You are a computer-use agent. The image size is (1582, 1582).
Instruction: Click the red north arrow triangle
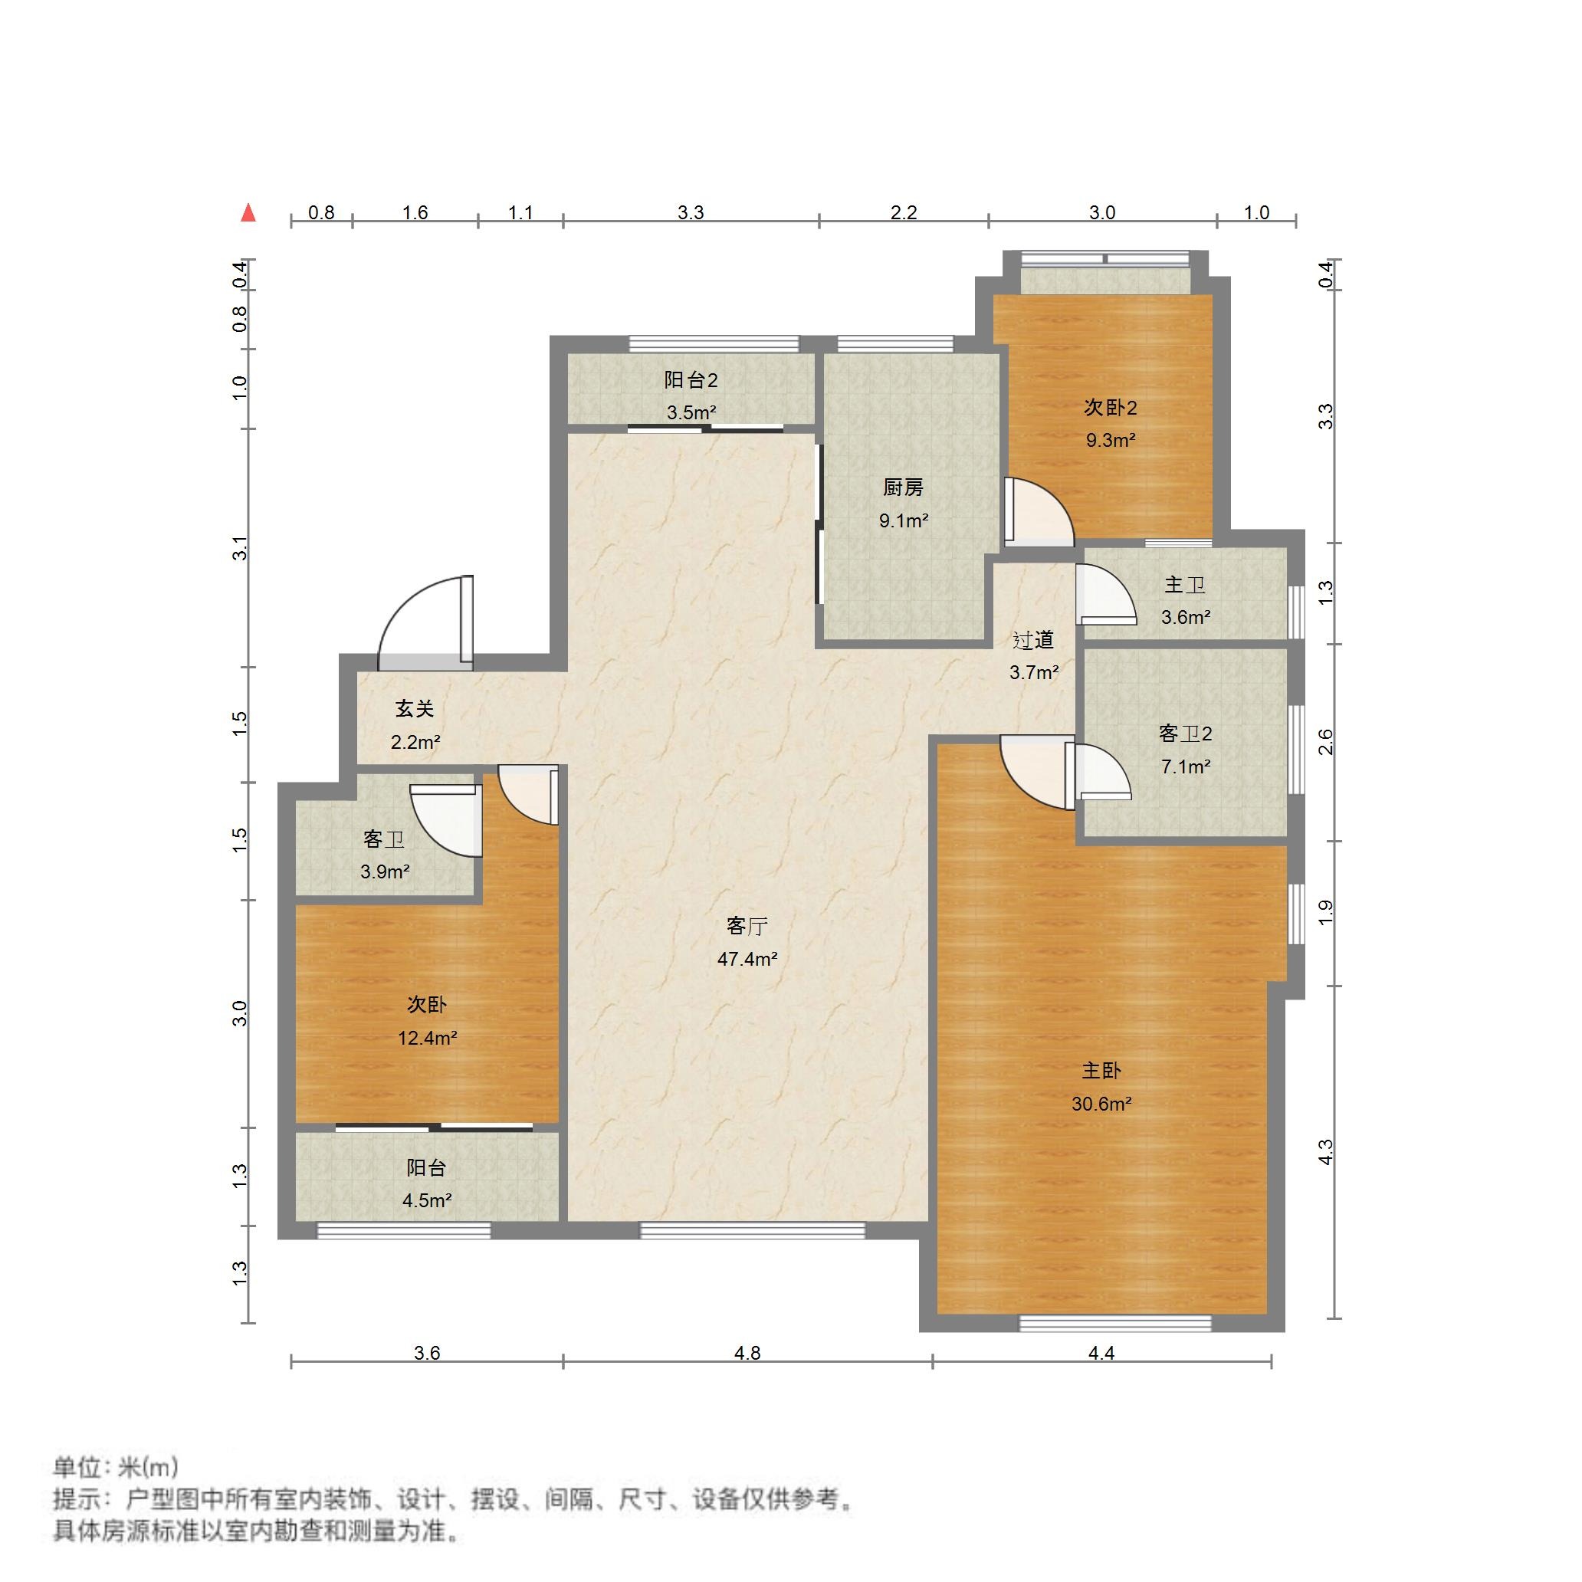click(249, 214)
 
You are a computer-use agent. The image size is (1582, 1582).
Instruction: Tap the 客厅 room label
click(746, 926)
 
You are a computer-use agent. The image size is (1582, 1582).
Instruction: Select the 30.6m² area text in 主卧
click(1101, 1104)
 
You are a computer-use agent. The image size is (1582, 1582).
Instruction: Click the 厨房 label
click(903, 488)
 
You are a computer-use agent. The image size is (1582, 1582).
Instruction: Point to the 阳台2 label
click(691, 380)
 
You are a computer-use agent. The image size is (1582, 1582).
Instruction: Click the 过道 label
click(1032, 640)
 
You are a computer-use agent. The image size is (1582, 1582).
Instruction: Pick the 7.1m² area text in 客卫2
click(1185, 766)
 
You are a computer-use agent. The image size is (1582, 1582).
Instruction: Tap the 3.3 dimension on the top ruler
click(691, 213)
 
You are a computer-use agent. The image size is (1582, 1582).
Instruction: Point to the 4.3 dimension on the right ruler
click(1326, 1152)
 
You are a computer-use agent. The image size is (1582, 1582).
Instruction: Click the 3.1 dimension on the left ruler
click(240, 548)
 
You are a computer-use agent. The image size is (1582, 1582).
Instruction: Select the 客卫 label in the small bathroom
click(383, 840)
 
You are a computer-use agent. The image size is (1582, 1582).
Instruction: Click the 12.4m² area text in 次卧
click(427, 1039)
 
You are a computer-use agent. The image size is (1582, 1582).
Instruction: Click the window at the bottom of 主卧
click(1114, 1321)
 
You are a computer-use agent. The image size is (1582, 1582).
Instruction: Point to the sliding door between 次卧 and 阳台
click(434, 1127)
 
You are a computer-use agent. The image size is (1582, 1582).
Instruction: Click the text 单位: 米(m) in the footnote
click(116, 1466)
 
